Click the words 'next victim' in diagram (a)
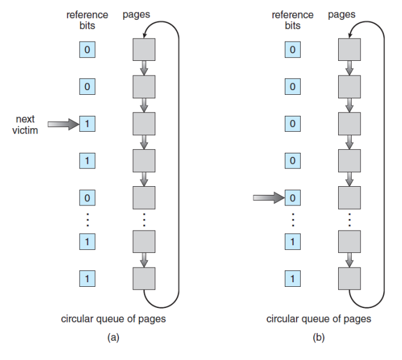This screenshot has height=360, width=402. tap(25, 125)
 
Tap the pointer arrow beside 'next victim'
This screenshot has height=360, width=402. tap(63, 124)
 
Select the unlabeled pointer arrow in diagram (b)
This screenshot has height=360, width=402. tap(268, 198)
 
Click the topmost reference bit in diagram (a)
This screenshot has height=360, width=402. tap(87, 50)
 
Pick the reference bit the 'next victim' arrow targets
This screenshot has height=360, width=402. tap(87, 124)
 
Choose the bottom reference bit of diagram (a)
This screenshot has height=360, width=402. tap(87, 278)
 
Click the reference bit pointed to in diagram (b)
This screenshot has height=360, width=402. tap(292, 198)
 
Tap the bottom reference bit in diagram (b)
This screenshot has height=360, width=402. tap(292, 278)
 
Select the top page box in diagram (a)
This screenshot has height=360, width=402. tap(144, 50)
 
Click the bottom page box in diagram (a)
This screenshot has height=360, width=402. tap(144, 279)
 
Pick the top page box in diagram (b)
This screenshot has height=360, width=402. tap(349, 50)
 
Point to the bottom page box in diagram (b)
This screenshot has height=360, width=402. tap(349, 279)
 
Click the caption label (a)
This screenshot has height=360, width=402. tap(113, 337)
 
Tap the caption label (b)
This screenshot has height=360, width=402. tap(319, 337)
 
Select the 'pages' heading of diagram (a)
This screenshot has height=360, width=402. tap(136, 15)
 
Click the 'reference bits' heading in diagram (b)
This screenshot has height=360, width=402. tap(292, 20)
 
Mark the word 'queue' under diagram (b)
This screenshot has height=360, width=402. tap(318, 319)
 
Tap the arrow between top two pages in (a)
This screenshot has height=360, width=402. tap(144, 68)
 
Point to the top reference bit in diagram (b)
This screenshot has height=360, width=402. tap(292, 50)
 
